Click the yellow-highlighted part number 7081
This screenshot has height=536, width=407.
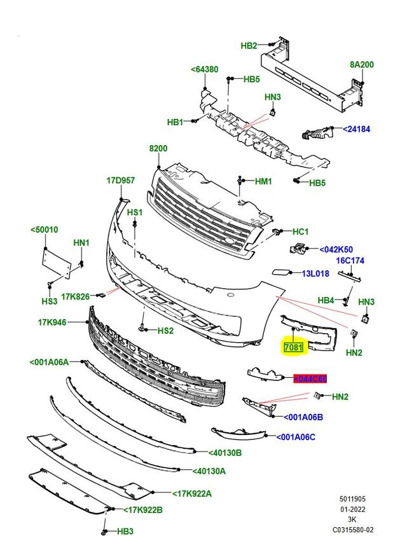coord(294,348)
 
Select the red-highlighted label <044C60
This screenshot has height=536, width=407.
coord(310,380)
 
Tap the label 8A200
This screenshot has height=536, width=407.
coord(361,64)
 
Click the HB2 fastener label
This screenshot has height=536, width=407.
coord(249,46)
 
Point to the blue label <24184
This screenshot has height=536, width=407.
coord(356,129)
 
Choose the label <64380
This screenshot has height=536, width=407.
coord(204,70)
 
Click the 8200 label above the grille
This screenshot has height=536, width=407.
coord(158,149)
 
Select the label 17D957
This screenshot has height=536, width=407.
coord(120,181)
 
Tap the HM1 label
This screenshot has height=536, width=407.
coord(263,182)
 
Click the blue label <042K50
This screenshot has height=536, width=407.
coord(336,250)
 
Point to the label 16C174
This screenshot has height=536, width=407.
coord(350,261)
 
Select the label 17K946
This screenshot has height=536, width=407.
coord(52,323)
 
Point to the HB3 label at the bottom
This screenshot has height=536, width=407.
coord(126,531)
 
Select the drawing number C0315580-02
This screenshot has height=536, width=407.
coord(353,529)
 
